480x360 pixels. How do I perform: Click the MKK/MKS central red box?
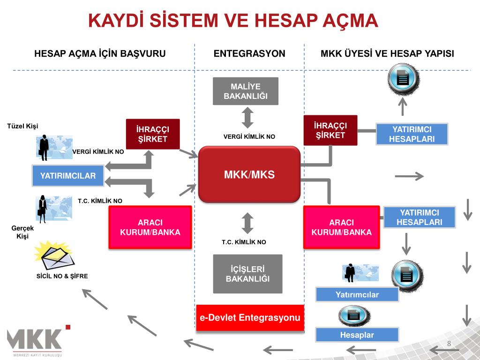[x=249, y=174]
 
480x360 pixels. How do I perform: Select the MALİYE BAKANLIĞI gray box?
[x=246, y=91]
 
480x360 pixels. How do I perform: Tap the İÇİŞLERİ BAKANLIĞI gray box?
[x=247, y=274]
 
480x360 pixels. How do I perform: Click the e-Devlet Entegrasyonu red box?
[x=250, y=318]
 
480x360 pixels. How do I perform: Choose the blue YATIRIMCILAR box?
[x=68, y=176]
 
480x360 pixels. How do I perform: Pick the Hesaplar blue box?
[x=357, y=335]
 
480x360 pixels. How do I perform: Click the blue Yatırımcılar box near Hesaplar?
[x=357, y=295]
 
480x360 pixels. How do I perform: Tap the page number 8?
[x=449, y=345]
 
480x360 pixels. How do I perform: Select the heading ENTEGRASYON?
[x=249, y=54]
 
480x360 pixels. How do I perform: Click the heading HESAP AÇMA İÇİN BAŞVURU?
[x=100, y=54]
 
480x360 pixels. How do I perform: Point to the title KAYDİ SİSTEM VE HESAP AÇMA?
[x=233, y=21]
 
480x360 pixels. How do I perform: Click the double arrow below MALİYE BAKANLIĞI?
[x=248, y=117]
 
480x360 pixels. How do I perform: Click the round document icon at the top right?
[x=403, y=78]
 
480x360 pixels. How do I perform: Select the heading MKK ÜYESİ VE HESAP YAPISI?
[x=387, y=54]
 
